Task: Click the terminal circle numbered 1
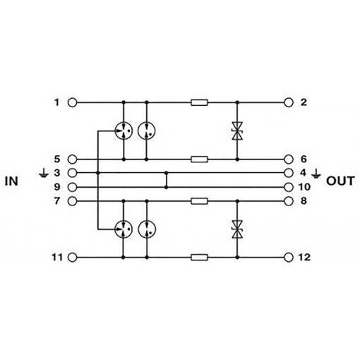click(72, 102)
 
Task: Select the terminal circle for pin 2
click(289, 102)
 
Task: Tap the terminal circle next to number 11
click(72, 258)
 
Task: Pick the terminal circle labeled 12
click(289, 258)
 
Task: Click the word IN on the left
click(11, 181)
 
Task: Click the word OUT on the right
click(340, 181)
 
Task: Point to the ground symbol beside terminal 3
click(44, 173)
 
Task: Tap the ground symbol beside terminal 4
click(316, 174)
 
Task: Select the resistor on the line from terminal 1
click(199, 102)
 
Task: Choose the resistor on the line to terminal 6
click(199, 160)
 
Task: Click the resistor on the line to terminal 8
click(199, 201)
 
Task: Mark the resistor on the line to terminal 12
click(199, 258)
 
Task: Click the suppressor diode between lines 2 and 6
click(237, 131)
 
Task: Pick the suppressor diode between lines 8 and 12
click(237, 229)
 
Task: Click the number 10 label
click(304, 187)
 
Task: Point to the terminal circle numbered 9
click(72, 187)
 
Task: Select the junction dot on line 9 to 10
click(167, 187)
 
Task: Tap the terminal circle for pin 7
click(72, 201)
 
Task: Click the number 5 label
click(57, 160)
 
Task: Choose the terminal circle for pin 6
click(289, 160)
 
